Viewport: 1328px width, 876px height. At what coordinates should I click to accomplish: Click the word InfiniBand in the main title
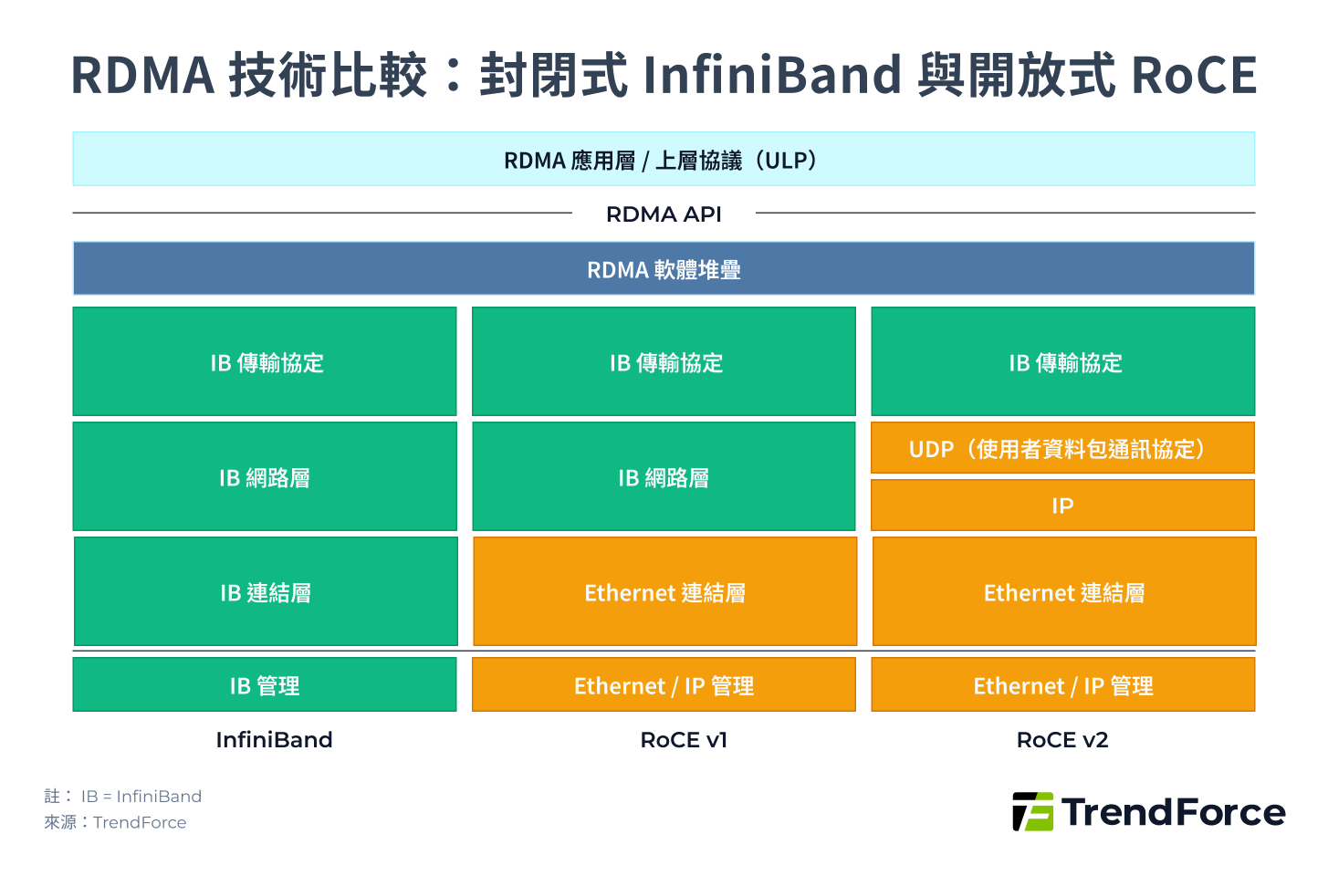(772, 75)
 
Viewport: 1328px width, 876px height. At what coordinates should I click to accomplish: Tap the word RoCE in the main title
(1193, 75)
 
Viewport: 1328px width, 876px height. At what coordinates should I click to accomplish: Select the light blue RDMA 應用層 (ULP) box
(664, 160)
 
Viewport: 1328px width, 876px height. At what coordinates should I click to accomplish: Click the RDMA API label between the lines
(664, 214)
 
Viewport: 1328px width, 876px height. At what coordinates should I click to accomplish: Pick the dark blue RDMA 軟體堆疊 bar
(664, 269)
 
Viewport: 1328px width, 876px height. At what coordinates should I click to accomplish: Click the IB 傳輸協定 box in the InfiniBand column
(265, 361)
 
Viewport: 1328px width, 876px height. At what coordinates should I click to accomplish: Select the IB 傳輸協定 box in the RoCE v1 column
(664, 361)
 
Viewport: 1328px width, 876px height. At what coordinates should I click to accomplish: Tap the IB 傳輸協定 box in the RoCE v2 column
(1062, 361)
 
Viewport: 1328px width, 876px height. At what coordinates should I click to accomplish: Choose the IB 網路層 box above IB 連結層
(265, 476)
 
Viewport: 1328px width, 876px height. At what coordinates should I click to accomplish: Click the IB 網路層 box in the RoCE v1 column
(664, 476)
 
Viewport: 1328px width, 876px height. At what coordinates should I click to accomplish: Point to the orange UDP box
(1062, 448)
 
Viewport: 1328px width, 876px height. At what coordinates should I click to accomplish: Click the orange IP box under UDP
(1062, 506)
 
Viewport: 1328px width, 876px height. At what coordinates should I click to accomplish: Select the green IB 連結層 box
(265, 591)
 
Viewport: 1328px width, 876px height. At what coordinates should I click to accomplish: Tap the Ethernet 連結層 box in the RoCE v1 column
(664, 591)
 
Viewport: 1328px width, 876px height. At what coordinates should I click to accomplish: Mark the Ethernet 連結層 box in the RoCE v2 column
(1064, 591)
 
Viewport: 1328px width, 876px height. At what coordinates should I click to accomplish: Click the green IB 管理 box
(265, 684)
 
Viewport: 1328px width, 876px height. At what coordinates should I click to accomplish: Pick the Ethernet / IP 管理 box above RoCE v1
(664, 684)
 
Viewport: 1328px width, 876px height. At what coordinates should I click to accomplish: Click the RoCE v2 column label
(1062, 740)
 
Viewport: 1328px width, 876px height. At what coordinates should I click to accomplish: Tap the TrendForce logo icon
(1032, 811)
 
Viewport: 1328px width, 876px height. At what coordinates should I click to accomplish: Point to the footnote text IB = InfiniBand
(141, 797)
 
